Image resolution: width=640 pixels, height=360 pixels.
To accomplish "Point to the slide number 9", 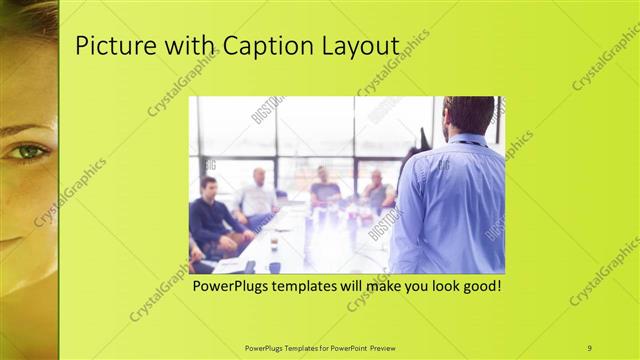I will click(589, 347).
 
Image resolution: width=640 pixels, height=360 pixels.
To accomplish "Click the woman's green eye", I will click(27, 151).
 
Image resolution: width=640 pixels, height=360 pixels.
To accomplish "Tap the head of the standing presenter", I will click(468, 115).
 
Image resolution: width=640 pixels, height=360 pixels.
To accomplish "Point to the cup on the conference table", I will click(273, 243).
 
